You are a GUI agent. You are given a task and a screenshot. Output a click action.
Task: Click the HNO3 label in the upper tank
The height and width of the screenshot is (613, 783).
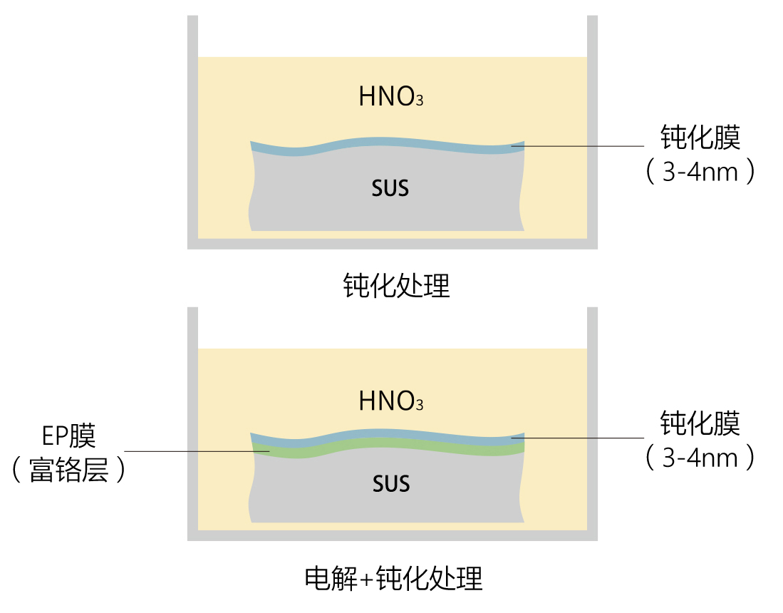[x=390, y=97]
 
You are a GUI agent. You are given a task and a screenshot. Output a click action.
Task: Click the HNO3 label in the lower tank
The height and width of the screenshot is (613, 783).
[x=390, y=401]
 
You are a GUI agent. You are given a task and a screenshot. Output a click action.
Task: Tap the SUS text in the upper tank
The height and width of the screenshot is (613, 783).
[x=390, y=189]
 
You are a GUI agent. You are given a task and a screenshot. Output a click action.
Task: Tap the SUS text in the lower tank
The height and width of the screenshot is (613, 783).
[x=391, y=485]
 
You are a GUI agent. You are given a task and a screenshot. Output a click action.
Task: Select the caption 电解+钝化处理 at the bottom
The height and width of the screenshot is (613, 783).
[x=393, y=578]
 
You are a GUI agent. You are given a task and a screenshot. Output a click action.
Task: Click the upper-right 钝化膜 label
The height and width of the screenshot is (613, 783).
[x=700, y=138]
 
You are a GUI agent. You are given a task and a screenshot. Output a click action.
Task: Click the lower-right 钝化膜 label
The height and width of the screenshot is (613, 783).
[x=700, y=423]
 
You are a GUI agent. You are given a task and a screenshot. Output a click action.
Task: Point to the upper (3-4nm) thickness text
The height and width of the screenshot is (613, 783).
[x=700, y=172]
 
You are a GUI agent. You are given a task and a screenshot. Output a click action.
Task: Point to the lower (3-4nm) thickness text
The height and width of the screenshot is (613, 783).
[x=700, y=457]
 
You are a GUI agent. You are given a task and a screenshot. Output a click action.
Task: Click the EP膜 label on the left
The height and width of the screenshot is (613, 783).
[x=69, y=436]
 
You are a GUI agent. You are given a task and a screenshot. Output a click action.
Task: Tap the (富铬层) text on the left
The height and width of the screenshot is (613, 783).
[x=69, y=470]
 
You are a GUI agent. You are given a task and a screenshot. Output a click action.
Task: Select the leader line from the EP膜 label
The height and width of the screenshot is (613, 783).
[x=192, y=450]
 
